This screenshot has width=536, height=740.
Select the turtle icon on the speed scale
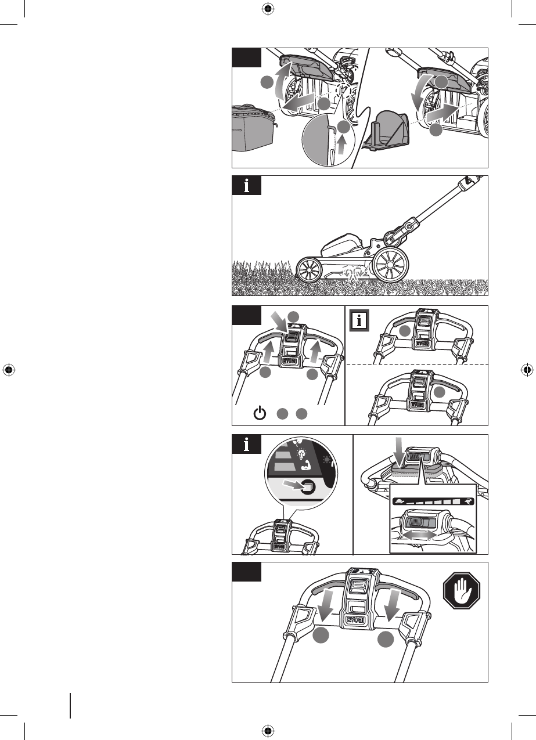400,500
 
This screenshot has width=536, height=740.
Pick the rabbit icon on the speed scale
467,500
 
